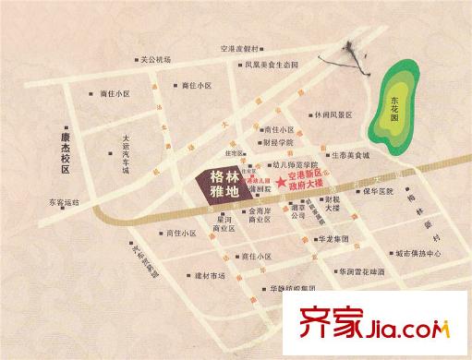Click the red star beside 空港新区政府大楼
pyautogui.click(x=280, y=175)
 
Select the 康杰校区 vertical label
pyautogui.click(x=67, y=145)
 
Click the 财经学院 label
pyautogui.click(x=278, y=143)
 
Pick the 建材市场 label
pyautogui.click(x=203, y=276)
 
